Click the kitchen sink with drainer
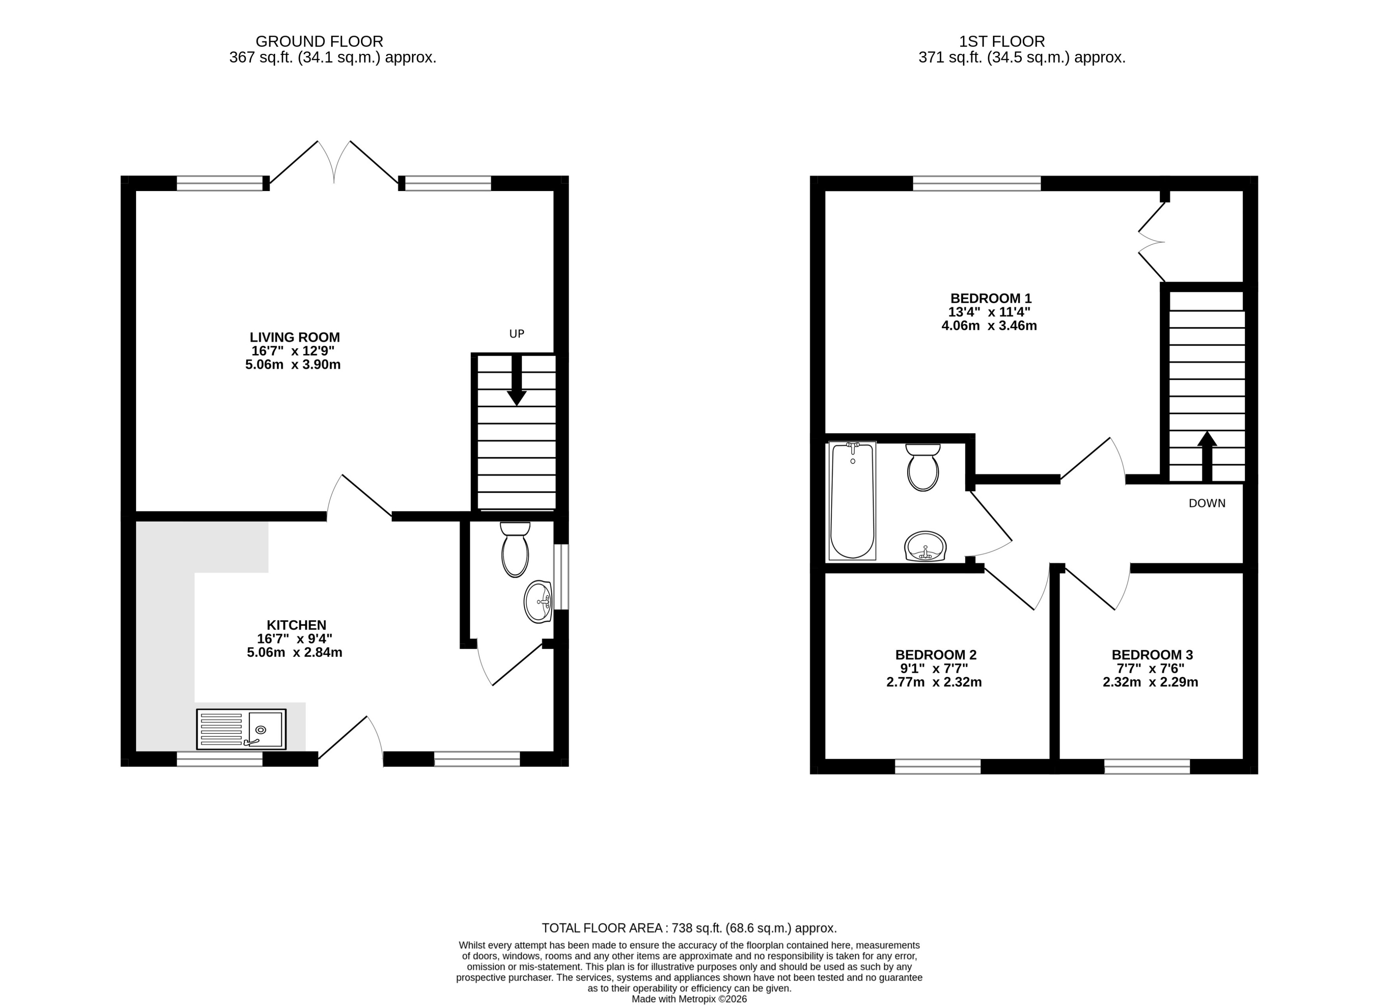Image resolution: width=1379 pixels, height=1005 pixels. click(241, 729)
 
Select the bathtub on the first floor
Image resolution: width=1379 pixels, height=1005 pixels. click(852, 500)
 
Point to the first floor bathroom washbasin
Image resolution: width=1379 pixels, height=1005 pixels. click(925, 546)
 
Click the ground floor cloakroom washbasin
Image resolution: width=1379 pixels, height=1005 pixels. click(538, 602)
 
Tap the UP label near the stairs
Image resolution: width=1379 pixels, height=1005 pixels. click(517, 333)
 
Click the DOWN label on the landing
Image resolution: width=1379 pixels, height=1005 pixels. click(1207, 503)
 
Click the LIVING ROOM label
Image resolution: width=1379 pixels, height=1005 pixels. click(294, 337)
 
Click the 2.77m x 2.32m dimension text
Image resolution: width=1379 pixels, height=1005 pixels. click(934, 682)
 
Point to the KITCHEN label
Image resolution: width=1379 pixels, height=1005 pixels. click(296, 625)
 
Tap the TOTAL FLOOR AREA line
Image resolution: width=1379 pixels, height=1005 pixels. click(689, 928)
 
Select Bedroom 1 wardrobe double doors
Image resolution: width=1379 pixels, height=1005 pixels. click(1151, 242)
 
